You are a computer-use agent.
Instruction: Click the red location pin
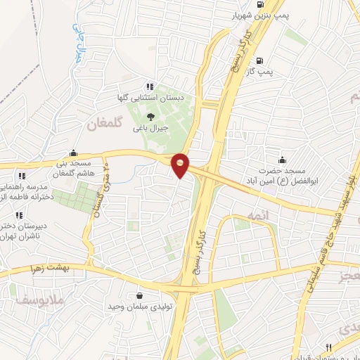tap(181, 164)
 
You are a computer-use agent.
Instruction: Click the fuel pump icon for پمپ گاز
tap(260, 60)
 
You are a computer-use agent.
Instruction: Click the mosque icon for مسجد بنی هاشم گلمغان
tap(73, 153)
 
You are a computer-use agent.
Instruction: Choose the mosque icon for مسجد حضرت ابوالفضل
tap(283, 160)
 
